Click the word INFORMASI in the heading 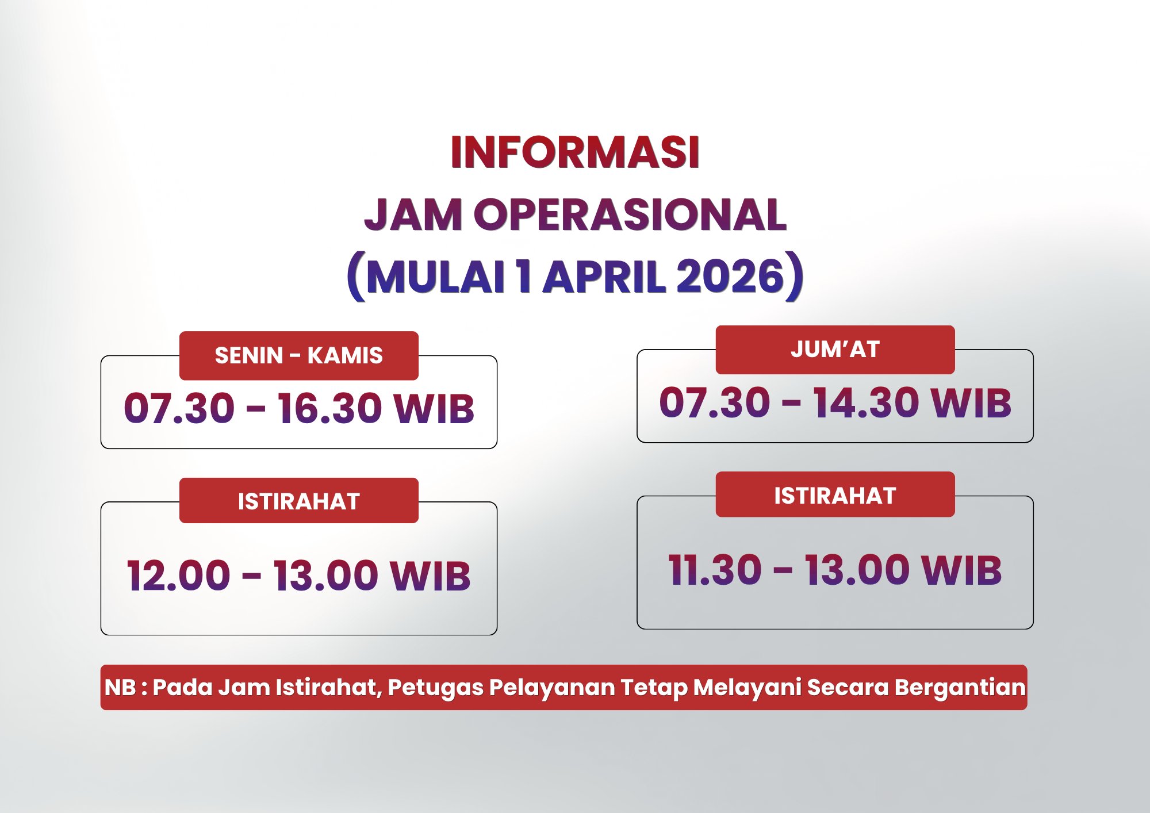[575, 153]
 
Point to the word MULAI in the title [436, 277]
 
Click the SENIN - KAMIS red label [298, 355]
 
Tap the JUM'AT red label [835, 350]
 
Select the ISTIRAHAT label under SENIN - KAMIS [298, 501]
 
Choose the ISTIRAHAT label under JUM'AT [835, 495]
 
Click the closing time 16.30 [330, 409]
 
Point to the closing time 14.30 [865, 402]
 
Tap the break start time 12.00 [178, 576]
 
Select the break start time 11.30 [715, 570]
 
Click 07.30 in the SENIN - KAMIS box [179, 409]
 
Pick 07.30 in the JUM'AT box [714, 402]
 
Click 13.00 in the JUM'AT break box [858, 570]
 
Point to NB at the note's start [120, 688]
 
